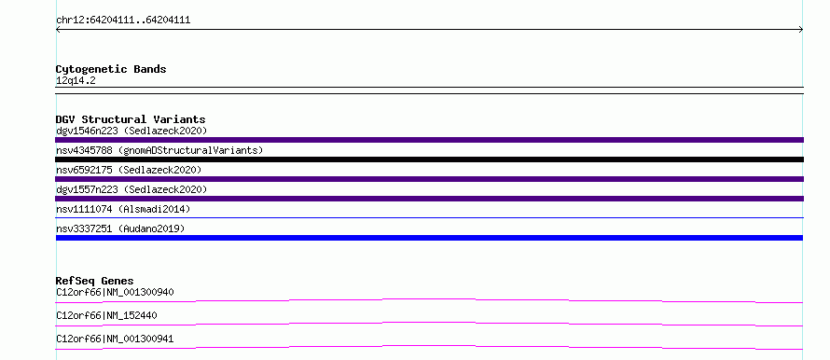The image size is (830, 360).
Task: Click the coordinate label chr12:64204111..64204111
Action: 123,21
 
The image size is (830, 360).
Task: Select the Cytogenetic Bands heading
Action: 111,69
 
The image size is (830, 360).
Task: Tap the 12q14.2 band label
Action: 76,81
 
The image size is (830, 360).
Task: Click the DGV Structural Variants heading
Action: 131,119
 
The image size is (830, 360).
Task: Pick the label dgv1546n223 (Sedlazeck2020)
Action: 131,131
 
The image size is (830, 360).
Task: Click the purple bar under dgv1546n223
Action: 429,140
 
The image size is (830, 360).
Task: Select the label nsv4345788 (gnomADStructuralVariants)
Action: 159,150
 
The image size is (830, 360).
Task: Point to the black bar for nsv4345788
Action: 429,159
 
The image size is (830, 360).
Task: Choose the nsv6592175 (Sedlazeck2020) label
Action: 129,170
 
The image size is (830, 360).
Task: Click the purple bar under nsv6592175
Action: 429,179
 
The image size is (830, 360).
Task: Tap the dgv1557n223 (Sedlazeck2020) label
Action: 131,189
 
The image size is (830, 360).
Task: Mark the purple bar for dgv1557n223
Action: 429,199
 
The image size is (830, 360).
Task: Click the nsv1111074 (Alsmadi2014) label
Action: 123,209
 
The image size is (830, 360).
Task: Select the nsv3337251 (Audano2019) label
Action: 120,228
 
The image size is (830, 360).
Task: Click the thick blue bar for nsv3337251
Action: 429,238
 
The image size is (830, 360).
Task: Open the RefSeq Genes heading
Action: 95,281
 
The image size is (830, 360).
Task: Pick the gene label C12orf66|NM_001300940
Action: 115,292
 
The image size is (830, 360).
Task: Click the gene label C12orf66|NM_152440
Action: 106,315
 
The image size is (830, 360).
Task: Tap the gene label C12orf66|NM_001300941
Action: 115,339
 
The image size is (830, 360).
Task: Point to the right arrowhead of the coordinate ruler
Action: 801,30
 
